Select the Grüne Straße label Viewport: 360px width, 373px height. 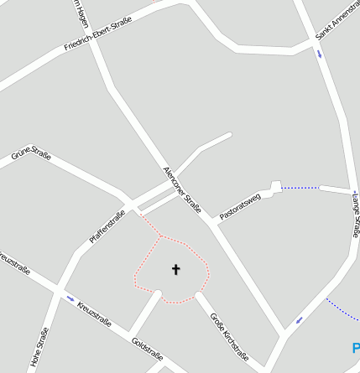point(31,156)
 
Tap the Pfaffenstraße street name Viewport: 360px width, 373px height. point(107,227)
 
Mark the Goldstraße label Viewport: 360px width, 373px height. point(148,353)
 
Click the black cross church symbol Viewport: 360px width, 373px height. point(176,269)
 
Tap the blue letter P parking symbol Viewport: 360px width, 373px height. point(356,347)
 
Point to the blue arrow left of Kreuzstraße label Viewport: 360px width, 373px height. point(70,298)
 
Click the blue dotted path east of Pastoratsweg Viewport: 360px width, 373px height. point(300,188)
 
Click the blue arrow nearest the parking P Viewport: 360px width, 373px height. point(300,319)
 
